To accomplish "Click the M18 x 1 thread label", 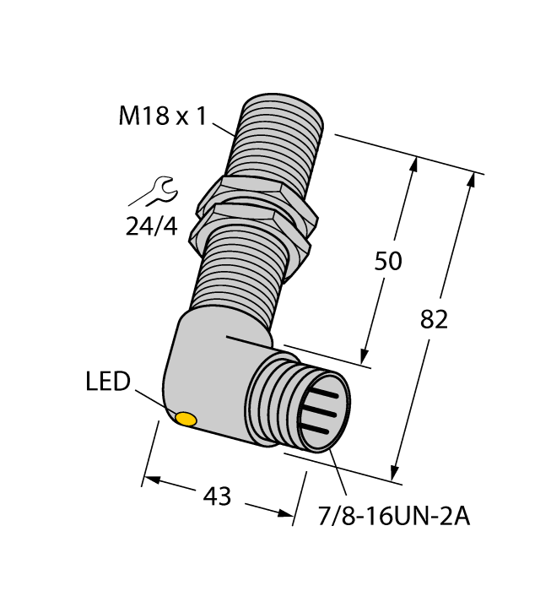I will point(162,117).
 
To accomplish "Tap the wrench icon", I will point(154,192).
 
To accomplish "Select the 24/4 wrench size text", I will point(153,225).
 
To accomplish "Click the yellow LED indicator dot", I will point(185,418).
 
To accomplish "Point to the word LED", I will point(108,382).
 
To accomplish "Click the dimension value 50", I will point(388,262).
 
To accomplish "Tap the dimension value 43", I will point(218,496).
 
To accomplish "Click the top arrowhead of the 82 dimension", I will point(469,181).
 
